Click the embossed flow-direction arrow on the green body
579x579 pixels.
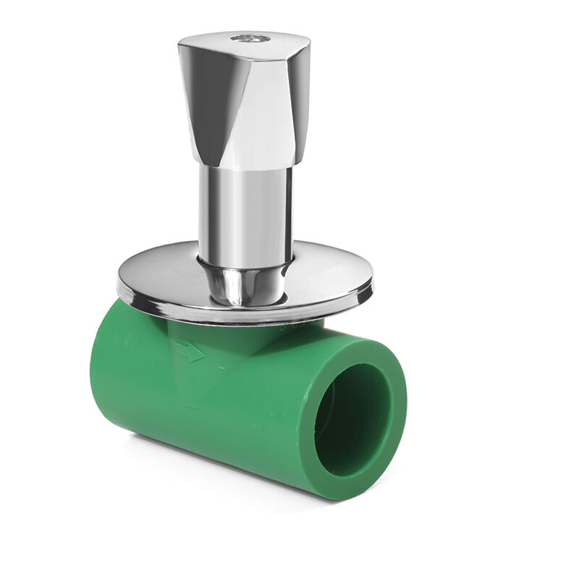pyautogui.click(x=190, y=352)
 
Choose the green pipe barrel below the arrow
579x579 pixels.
pyautogui.click(x=203, y=413)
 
